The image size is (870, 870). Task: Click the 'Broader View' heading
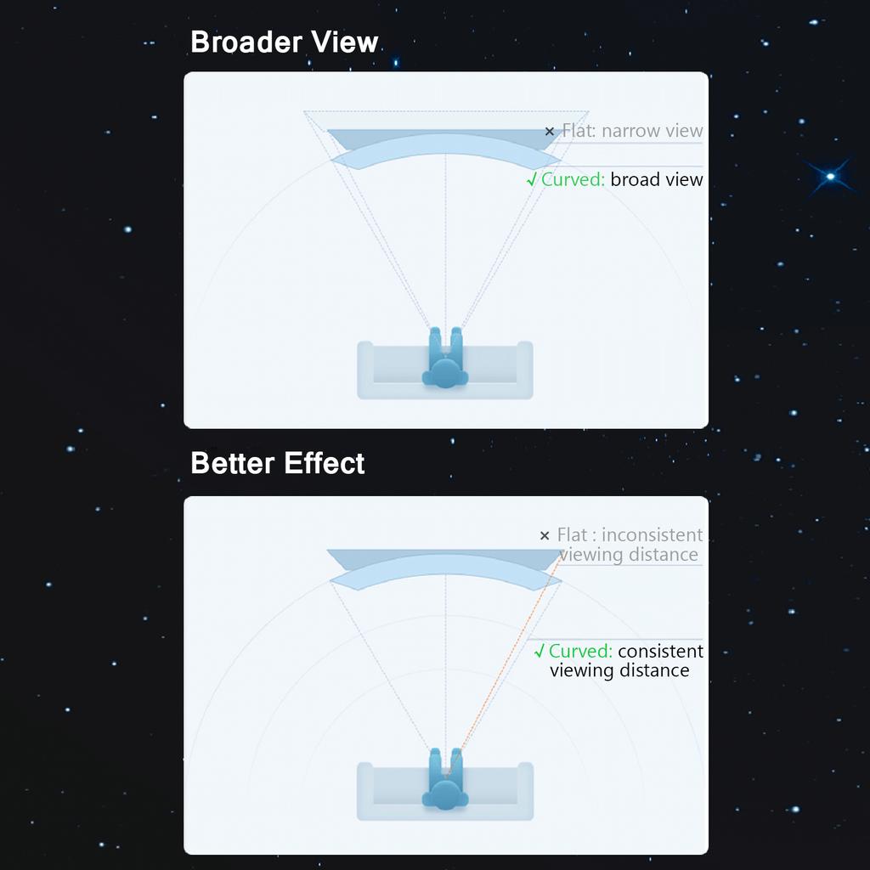click(x=284, y=42)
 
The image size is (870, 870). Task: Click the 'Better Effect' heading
click(x=278, y=463)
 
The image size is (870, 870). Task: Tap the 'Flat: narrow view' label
click(x=632, y=131)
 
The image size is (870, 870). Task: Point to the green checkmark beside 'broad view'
click(x=532, y=180)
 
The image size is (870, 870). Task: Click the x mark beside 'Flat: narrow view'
click(x=550, y=132)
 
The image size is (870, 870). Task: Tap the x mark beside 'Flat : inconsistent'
click(x=545, y=535)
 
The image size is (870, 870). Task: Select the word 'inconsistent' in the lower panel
click(x=652, y=535)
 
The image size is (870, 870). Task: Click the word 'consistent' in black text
click(x=660, y=651)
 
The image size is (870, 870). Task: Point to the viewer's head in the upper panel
click(x=445, y=374)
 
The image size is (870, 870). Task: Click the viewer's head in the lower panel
click(x=445, y=794)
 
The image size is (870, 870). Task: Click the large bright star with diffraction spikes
click(x=830, y=177)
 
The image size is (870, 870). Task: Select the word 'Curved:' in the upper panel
click(x=573, y=180)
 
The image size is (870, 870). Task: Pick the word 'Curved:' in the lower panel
click(x=580, y=651)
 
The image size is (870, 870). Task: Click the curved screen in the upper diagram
click(x=445, y=143)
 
